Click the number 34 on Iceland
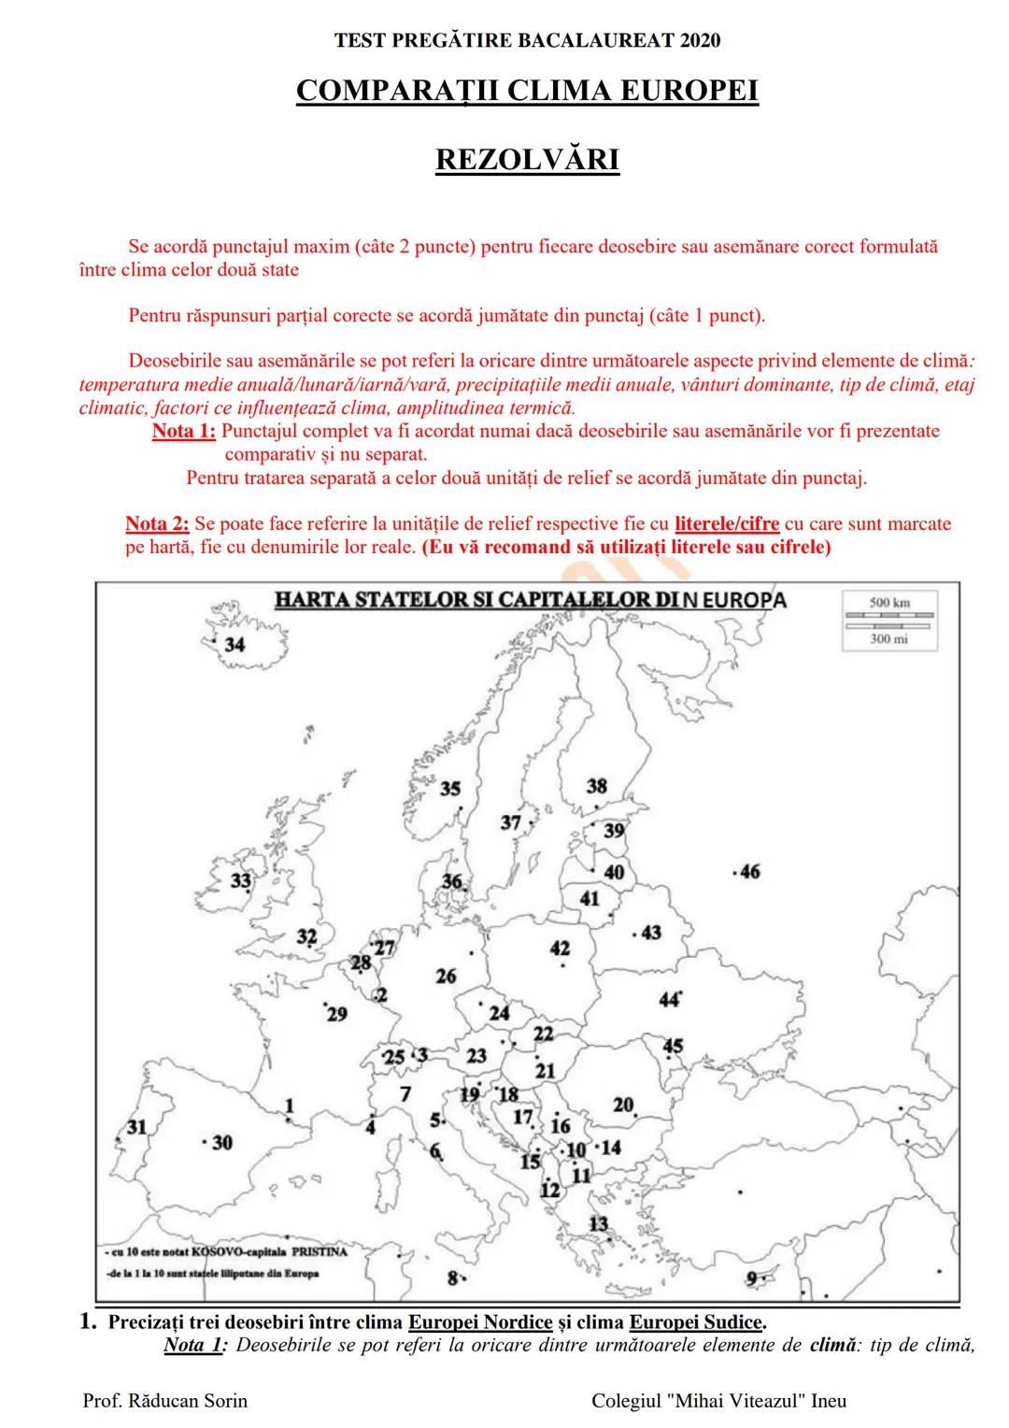coord(234,645)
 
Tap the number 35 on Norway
coord(450,789)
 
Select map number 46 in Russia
coord(749,872)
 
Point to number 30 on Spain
coord(222,1142)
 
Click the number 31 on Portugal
coord(137,1126)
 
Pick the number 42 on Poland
coord(560,949)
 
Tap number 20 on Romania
coord(623,1105)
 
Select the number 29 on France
coord(336,1014)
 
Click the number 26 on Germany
coord(446,976)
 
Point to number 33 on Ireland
coord(241,880)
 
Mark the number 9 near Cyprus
coord(752,1278)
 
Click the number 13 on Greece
coord(598,1223)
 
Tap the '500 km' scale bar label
coord(888,603)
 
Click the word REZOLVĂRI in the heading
coord(527,160)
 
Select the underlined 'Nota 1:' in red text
coord(184,432)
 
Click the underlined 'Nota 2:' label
coord(157,523)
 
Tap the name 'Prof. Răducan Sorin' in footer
coord(165,1400)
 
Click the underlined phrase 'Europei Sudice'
coord(696,1322)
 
